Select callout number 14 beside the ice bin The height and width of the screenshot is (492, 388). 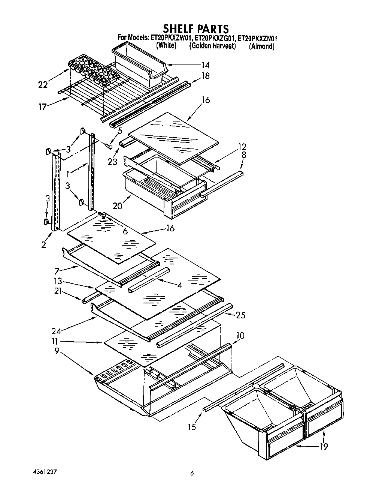click(x=205, y=65)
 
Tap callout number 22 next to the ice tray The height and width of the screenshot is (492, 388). click(x=43, y=84)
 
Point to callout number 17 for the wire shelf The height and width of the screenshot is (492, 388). click(x=43, y=107)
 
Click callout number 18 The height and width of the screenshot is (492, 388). click(x=205, y=76)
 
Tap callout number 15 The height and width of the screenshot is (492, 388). click(x=192, y=426)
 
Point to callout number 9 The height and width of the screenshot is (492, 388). click(x=57, y=352)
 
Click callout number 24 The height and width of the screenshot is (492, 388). click(x=57, y=330)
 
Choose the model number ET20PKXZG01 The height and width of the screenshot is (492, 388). click(x=214, y=38)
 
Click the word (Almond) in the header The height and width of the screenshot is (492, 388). click(x=261, y=46)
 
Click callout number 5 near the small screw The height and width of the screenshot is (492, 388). click(x=119, y=131)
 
